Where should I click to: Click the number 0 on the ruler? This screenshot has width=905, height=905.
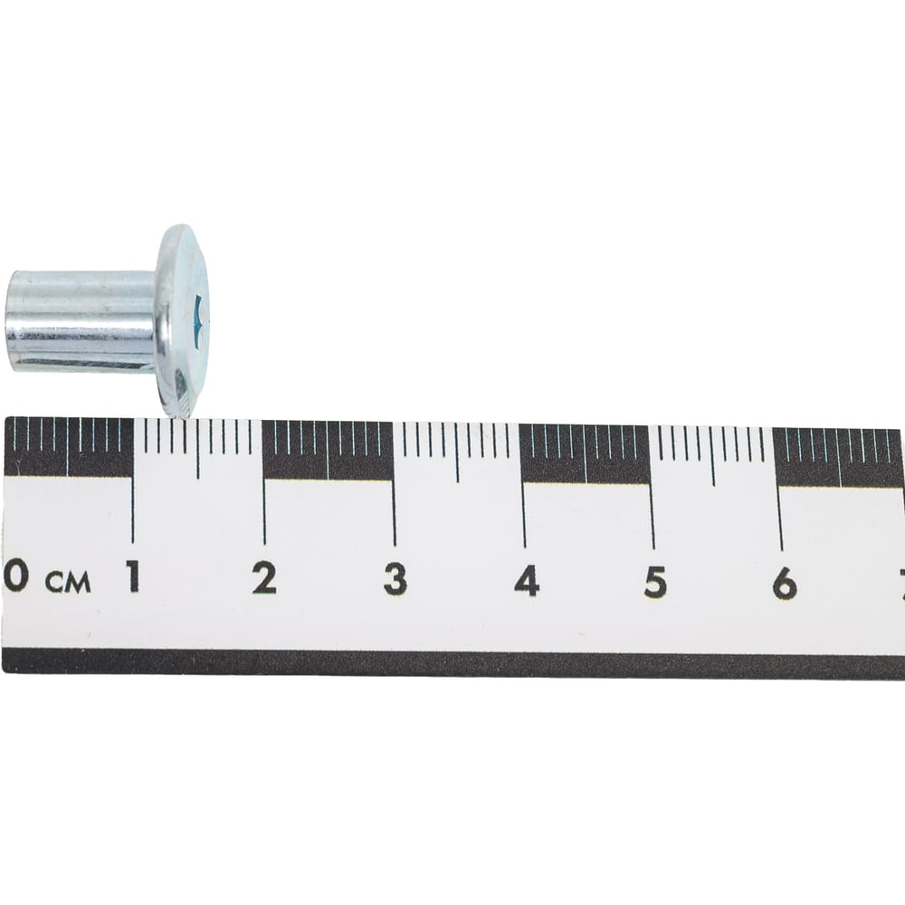pos(15,576)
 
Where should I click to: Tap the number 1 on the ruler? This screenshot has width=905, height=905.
pos(133,576)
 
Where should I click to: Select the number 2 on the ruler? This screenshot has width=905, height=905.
pos(264,577)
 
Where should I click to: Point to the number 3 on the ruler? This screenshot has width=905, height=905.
pos(395,579)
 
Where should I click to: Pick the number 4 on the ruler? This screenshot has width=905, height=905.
pos(527,581)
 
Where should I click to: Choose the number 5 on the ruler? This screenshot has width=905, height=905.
pos(655,582)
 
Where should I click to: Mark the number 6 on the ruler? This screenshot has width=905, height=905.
pos(785,583)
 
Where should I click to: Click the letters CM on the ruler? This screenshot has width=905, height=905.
pos(69,582)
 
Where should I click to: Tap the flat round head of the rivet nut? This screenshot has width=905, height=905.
pos(184,320)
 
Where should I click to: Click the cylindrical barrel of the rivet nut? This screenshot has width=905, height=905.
pos(82,321)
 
